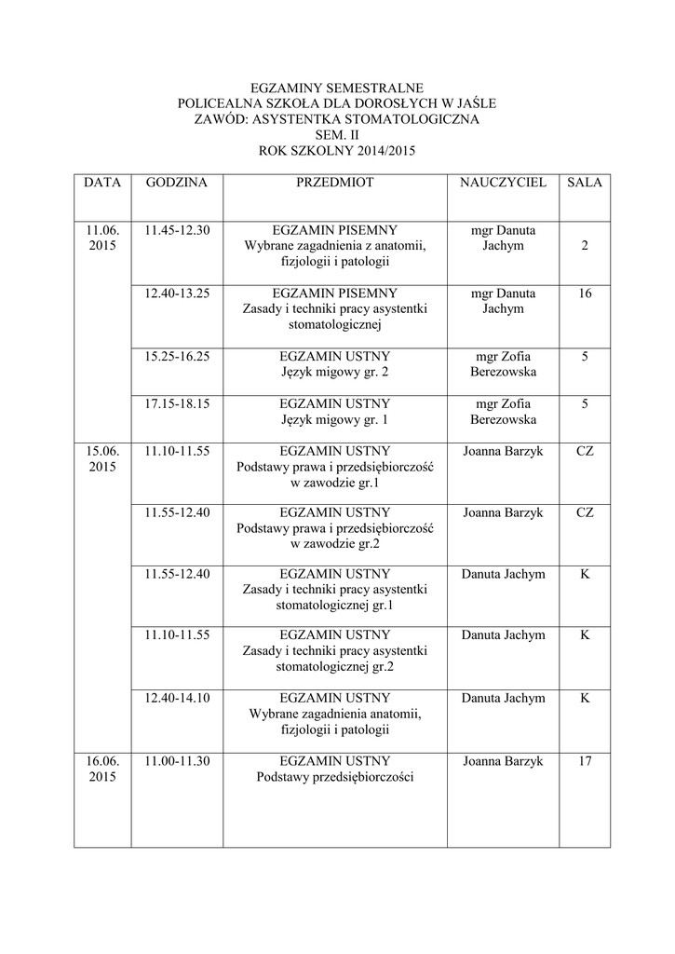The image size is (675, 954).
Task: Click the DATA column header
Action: [102, 184]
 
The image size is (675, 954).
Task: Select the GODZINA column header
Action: [177, 184]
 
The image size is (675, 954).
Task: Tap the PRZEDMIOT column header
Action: [334, 184]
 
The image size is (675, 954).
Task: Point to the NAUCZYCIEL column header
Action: [503, 184]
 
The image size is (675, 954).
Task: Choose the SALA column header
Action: [585, 184]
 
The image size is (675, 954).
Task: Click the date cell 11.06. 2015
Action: [102, 238]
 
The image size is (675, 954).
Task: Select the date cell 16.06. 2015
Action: [102, 770]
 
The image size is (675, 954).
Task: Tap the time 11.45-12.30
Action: [177, 230]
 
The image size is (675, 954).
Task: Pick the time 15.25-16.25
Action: [177, 356]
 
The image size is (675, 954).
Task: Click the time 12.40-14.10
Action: [177, 698]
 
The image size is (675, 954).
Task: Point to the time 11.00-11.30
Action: [177, 761]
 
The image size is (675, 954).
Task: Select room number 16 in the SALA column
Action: [585, 293]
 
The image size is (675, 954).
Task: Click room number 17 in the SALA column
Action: [585, 761]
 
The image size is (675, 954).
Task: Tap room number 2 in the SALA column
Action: [585, 246]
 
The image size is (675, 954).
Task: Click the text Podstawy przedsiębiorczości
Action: [334, 778]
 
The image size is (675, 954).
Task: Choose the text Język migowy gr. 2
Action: [334, 373]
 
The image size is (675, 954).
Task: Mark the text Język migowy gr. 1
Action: [334, 420]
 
